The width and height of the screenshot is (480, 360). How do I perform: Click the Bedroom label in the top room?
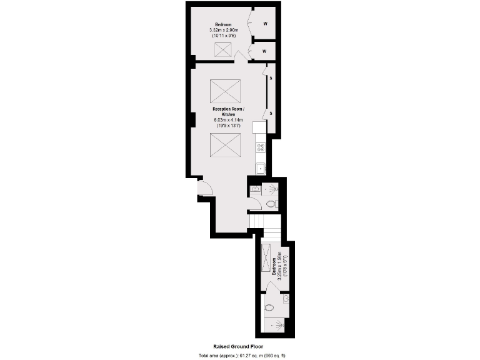tap(223, 24)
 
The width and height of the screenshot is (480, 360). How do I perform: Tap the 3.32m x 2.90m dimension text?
tap(223, 30)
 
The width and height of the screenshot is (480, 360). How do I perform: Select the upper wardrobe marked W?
tap(265, 24)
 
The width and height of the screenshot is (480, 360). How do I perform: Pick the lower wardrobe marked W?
tap(265, 51)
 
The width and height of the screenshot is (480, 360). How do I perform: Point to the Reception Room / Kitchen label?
tap(228, 112)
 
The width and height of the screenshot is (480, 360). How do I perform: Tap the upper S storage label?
tap(271, 78)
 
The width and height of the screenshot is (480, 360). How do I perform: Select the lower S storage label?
tap(271, 113)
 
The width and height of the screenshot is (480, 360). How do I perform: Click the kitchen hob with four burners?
tap(261, 147)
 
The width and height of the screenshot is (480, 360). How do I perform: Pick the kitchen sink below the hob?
tap(261, 168)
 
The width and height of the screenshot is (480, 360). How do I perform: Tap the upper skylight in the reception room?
tap(226, 91)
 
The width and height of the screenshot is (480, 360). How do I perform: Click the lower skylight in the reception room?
tap(225, 147)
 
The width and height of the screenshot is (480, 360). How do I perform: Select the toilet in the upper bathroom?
tap(271, 204)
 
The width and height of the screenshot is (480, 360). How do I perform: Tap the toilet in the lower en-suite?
tap(269, 307)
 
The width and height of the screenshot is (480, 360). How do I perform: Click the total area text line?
tap(241, 355)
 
